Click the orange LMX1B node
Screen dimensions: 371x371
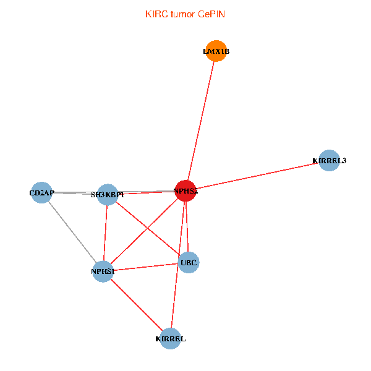tap(216, 51)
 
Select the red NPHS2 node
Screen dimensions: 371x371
tap(185, 191)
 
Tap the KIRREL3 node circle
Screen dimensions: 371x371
tap(329, 160)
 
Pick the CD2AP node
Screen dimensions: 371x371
tap(41, 192)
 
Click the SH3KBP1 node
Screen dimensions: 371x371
tap(108, 194)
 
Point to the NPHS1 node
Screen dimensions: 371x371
tap(103, 271)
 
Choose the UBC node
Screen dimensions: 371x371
tap(189, 263)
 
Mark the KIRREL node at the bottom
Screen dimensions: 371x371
tap(170, 338)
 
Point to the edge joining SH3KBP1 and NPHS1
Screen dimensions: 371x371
tap(105, 232)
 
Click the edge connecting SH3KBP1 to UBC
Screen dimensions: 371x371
tap(148, 229)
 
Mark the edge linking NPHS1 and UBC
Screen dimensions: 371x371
tap(145, 267)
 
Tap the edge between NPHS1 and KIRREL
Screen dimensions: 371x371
tap(136, 304)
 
